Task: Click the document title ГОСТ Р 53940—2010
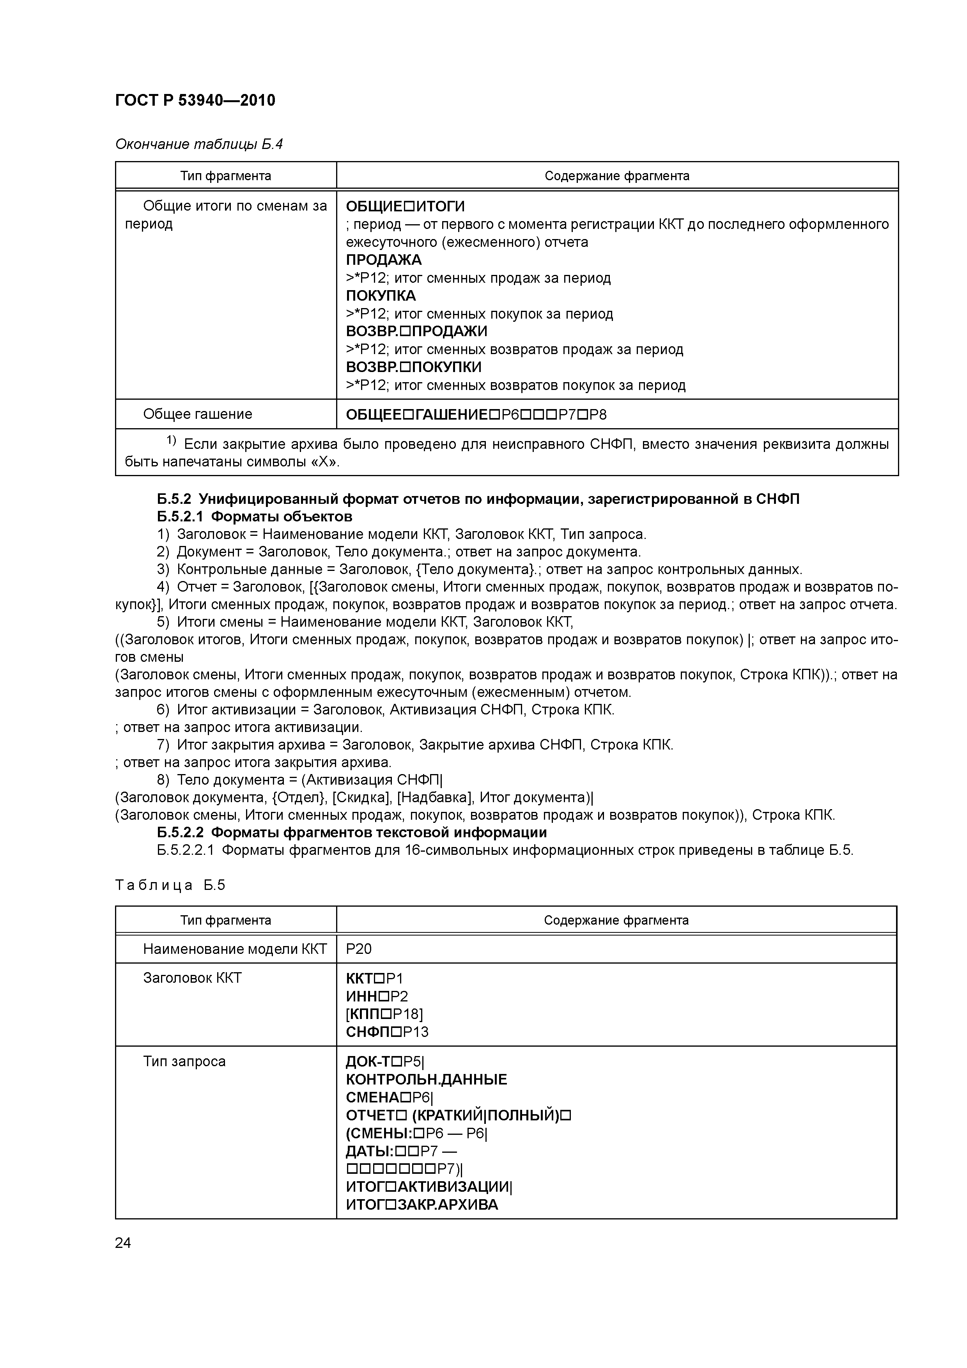click(195, 100)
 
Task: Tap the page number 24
click(123, 1242)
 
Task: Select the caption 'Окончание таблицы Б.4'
click(198, 144)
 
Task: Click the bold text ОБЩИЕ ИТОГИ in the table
click(405, 206)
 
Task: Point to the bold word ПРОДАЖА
click(383, 260)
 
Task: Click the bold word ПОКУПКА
click(381, 296)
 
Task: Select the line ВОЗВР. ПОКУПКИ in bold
click(413, 367)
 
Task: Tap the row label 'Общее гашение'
click(197, 414)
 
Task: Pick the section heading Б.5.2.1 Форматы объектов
click(254, 516)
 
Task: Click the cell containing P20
click(359, 948)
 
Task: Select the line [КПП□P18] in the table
click(384, 1014)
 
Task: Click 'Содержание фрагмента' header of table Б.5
click(616, 920)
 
